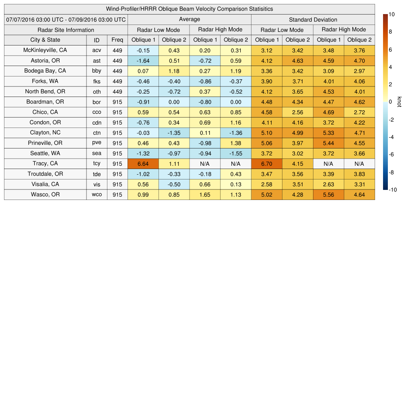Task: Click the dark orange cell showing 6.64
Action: (143, 164)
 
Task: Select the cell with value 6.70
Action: (267, 164)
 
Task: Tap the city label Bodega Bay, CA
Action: (45, 71)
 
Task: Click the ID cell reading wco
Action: (97, 195)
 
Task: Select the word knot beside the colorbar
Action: (400, 102)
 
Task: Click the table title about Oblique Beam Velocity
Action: (190, 9)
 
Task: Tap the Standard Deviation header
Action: (313, 19)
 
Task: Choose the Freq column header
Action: (117, 40)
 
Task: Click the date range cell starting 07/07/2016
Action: (66, 19)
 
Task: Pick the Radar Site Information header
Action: (66, 30)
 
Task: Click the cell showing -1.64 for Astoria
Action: (143, 61)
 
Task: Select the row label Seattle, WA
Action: (45, 153)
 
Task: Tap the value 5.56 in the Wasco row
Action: (329, 195)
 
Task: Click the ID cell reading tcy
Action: (97, 164)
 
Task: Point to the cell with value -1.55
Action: (236, 153)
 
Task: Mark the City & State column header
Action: (45, 40)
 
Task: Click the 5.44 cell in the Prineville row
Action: (329, 143)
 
